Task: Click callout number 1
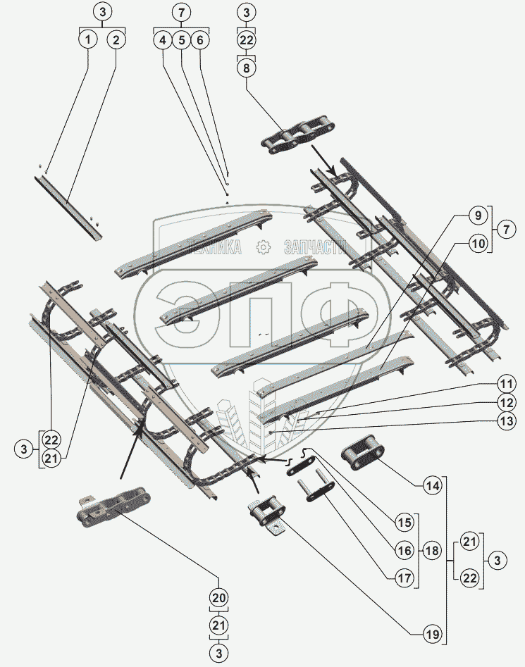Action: (87, 40)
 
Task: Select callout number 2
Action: (116, 40)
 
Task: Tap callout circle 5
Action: (181, 40)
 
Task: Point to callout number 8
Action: (246, 68)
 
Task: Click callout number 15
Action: (403, 523)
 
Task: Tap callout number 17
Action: (403, 579)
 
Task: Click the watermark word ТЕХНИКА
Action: (213, 247)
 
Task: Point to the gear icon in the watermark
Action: (263, 247)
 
